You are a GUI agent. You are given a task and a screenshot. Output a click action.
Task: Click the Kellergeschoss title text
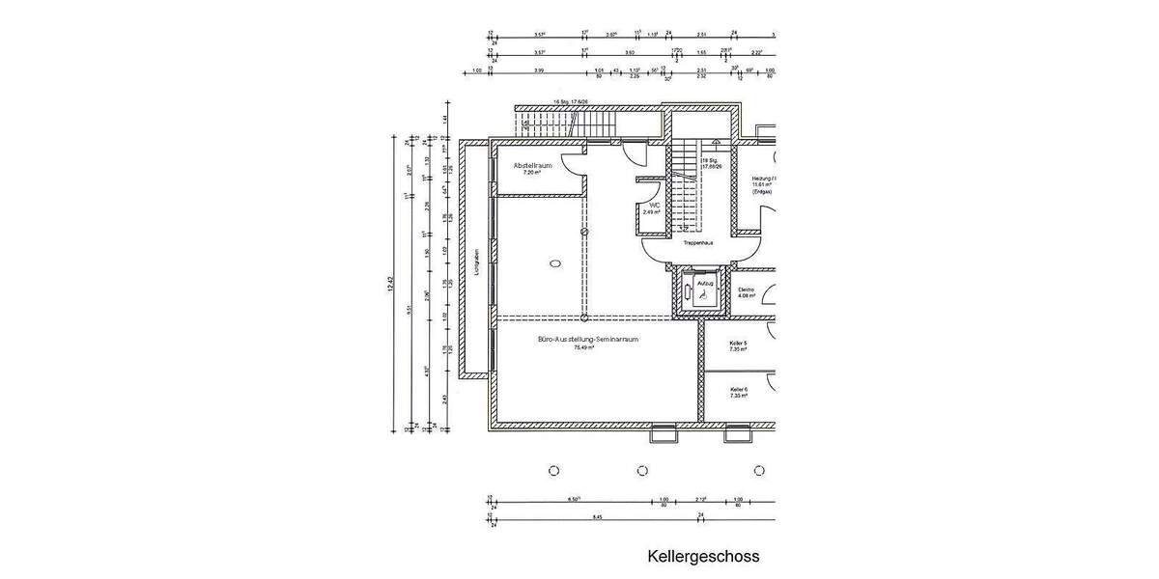703,557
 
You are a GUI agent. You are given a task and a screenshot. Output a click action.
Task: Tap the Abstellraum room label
532,165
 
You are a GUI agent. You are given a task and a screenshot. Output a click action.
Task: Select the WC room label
654,206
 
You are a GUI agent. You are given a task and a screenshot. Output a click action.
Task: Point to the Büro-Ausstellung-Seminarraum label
587,340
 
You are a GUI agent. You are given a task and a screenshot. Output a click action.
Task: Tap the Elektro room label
747,289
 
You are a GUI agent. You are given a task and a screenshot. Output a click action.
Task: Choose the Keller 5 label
739,343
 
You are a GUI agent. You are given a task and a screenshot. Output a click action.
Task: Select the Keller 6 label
739,389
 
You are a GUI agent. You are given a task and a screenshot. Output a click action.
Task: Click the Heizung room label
764,179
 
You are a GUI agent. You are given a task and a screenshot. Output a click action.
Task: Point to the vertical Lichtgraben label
477,263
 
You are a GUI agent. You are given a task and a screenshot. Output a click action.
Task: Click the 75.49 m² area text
584,348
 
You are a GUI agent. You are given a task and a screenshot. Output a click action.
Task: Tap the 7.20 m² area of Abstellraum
531,173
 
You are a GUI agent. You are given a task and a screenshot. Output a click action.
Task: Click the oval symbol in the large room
555,262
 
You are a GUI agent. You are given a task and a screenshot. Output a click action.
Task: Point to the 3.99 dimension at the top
539,70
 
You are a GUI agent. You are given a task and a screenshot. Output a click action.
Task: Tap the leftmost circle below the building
553,471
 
